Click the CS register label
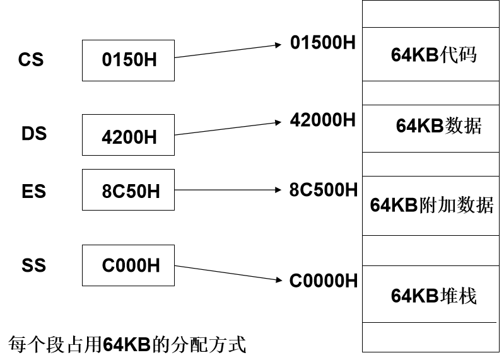(x=31, y=60)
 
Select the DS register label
(x=34, y=134)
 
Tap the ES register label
(x=33, y=191)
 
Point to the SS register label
(x=33, y=265)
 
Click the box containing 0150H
(x=128, y=61)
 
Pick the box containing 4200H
(x=128, y=135)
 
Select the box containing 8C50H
(x=128, y=190)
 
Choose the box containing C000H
(x=128, y=265)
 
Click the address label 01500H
(x=322, y=43)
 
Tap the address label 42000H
(x=322, y=120)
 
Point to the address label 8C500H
(x=323, y=190)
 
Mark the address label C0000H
(x=323, y=281)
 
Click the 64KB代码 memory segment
(x=433, y=54)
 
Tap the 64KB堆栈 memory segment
(x=433, y=294)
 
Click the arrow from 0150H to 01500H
(x=227, y=51)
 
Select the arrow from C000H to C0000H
(x=227, y=273)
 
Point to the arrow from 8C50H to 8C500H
(x=227, y=190)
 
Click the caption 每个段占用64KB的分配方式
(x=127, y=344)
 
